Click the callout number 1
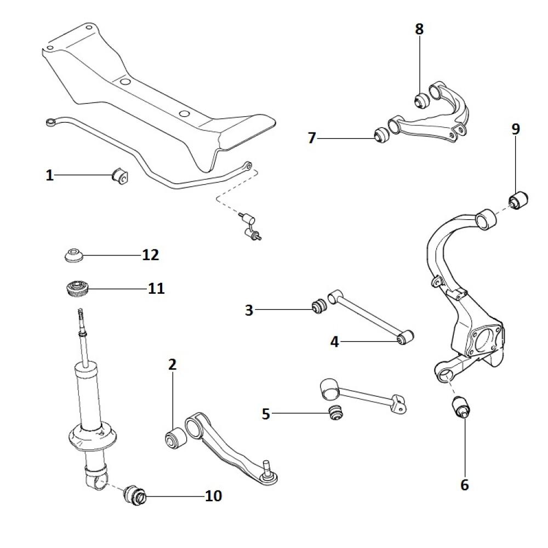pos(50,175)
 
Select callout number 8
pos(419,29)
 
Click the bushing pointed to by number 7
pos(381,135)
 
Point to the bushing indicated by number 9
pos(518,199)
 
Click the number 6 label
pos(465,485)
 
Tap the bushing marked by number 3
pos(319,307)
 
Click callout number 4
pos(335,342)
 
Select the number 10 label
pos(213,496)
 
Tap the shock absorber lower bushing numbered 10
pos(135,495)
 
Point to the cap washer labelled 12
pos(72,255)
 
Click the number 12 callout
pos(150,255)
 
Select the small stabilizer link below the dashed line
pos(249,226)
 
